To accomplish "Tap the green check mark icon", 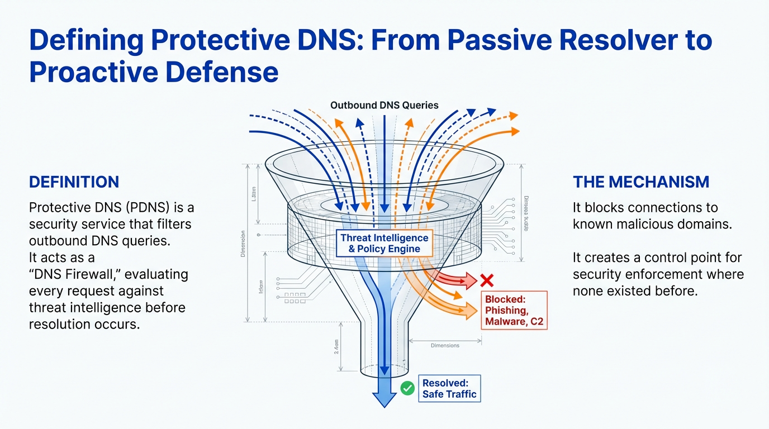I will pos(407,388).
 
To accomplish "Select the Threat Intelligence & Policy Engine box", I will pos(385,244).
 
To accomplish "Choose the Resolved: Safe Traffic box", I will pos(449,389).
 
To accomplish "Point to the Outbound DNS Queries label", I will pos(384,105).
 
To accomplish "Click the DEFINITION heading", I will pos(74,182).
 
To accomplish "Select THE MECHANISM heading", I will pos(641,182).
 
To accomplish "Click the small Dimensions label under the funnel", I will pos(445,345).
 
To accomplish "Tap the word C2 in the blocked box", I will pos(537,322).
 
